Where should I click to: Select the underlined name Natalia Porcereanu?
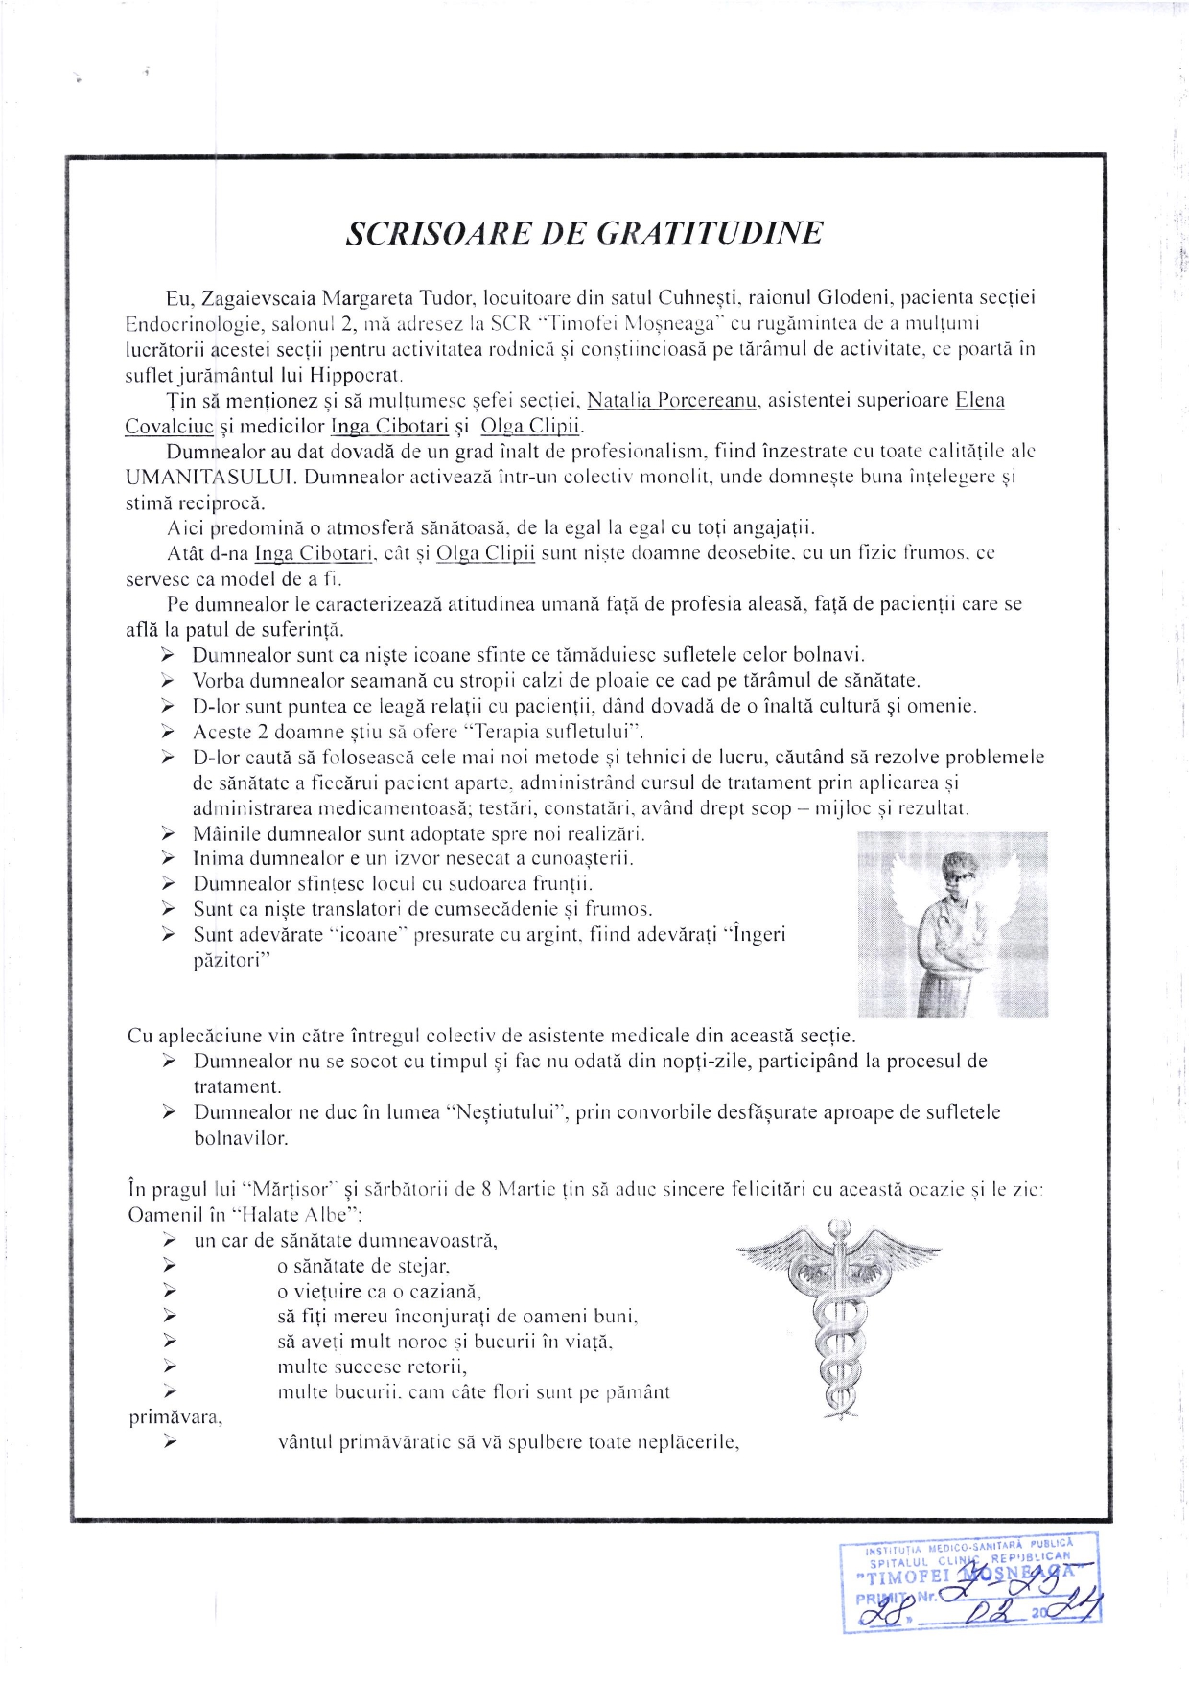point(672,400)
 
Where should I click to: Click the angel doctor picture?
point(951,923)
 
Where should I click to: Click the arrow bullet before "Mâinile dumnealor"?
point(168,833)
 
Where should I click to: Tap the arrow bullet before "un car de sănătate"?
point(169,1240)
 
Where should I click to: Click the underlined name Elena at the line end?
point(979,400)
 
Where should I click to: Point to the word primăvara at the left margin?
point(175,1416)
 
